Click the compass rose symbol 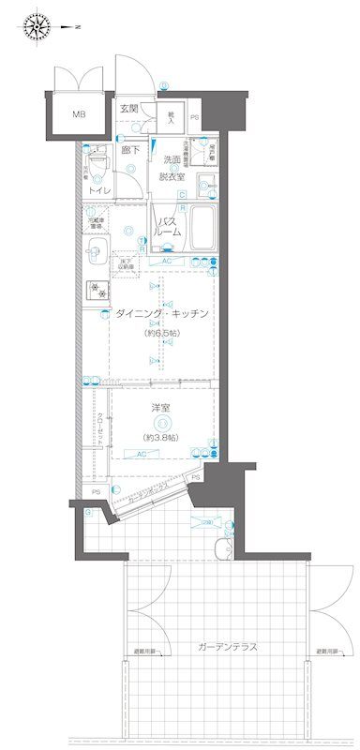pos(38,26)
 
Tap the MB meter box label pos(78,116)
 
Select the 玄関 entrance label pos(128,109)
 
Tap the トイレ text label pos(98,191)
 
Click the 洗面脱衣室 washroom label pos(171,167)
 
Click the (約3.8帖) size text pos(162,439)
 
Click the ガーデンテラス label pos(228,648)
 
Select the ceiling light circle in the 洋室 pos(162,425)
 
